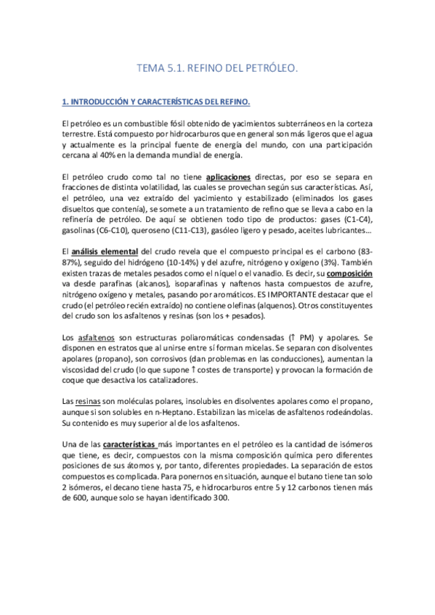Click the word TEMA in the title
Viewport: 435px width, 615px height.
[150, 68]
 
